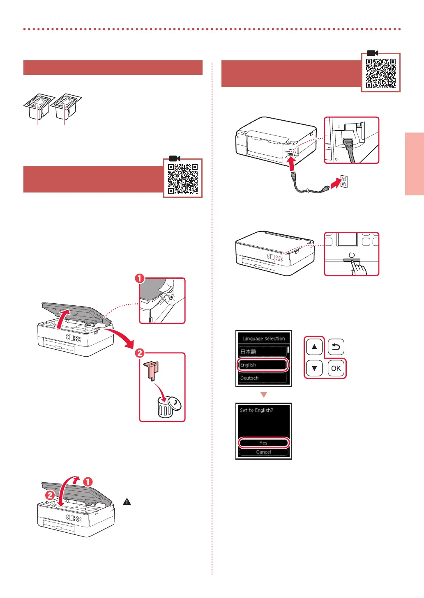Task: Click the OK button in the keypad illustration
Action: [336, 368]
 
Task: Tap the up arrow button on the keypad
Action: [314, 347]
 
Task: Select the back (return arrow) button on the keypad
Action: [336, 347]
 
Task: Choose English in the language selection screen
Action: [263, 364]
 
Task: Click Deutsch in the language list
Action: [263, 378]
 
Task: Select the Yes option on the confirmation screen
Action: [263, 442]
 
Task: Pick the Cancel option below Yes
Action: [263, 452]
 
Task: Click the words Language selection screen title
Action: [263, 339]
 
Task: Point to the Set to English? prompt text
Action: [256, 410]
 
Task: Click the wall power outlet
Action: [344, 181]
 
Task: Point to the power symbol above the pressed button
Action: [352, 255]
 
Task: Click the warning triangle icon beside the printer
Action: [127, 502]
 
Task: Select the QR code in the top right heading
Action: [381, 73]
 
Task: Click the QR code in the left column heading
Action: [183, 179]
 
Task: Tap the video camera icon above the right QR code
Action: [372, 53]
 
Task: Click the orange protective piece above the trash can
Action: [151, 370]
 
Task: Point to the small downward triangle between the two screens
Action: [264, 394]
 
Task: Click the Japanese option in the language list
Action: [263, 352]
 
